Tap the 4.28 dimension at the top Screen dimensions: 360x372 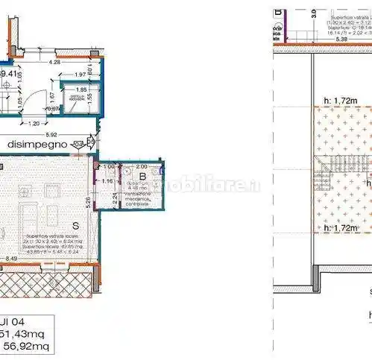click(x=54, y=63)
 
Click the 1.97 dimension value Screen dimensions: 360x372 click(x=80, y=75)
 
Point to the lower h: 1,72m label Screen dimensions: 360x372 click(x=335, y=228)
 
